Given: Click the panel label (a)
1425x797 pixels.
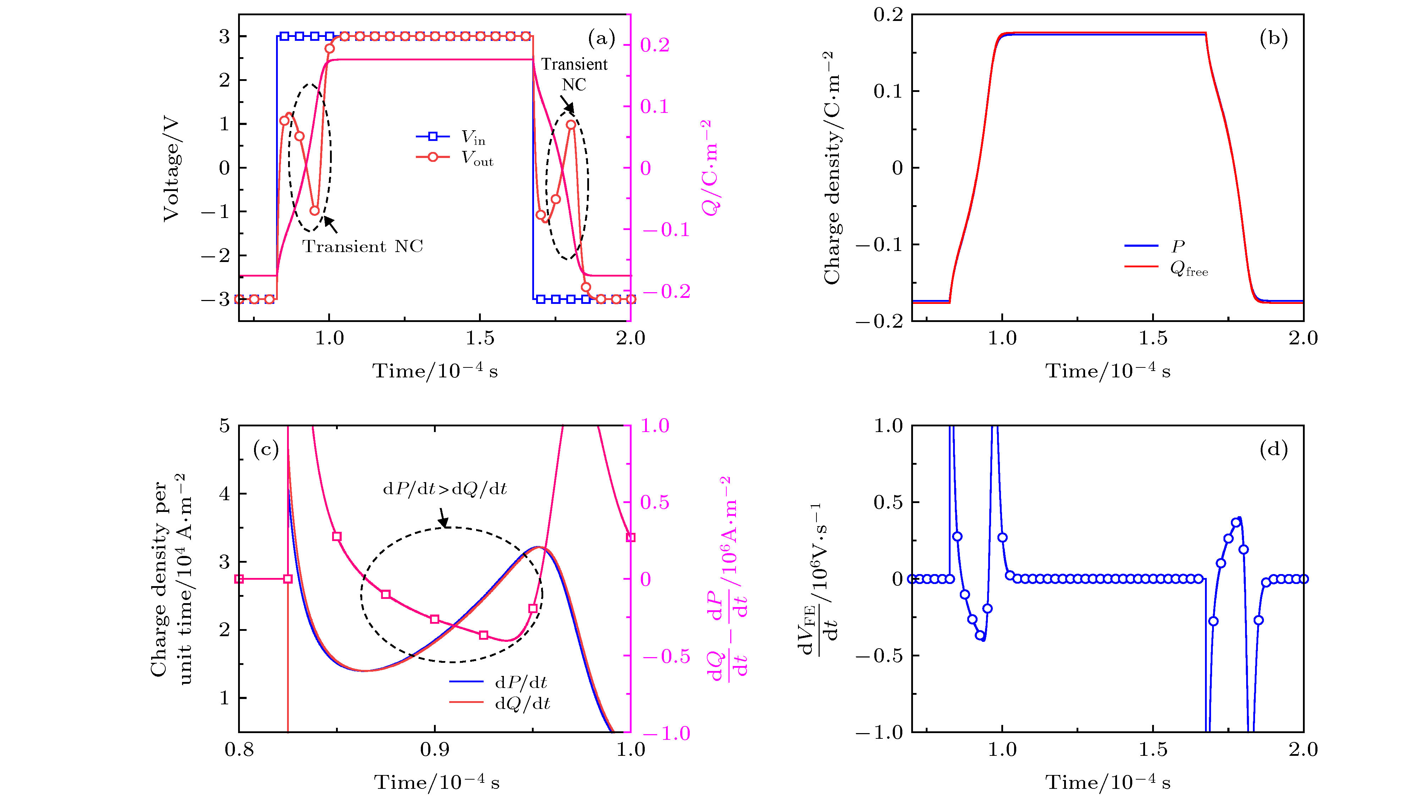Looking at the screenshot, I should point(601,38).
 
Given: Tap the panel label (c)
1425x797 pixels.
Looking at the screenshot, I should point(265,449).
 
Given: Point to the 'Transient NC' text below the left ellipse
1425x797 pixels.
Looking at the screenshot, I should point(362,246).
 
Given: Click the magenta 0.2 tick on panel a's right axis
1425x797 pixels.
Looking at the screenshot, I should point(655,45).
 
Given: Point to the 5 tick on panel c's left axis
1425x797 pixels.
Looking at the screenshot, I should point(224,426).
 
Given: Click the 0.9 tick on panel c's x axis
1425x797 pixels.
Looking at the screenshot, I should point(434,749).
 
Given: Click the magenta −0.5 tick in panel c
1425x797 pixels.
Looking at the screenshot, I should point(666,656).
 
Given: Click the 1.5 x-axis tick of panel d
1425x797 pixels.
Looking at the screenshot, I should point(1153,749).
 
